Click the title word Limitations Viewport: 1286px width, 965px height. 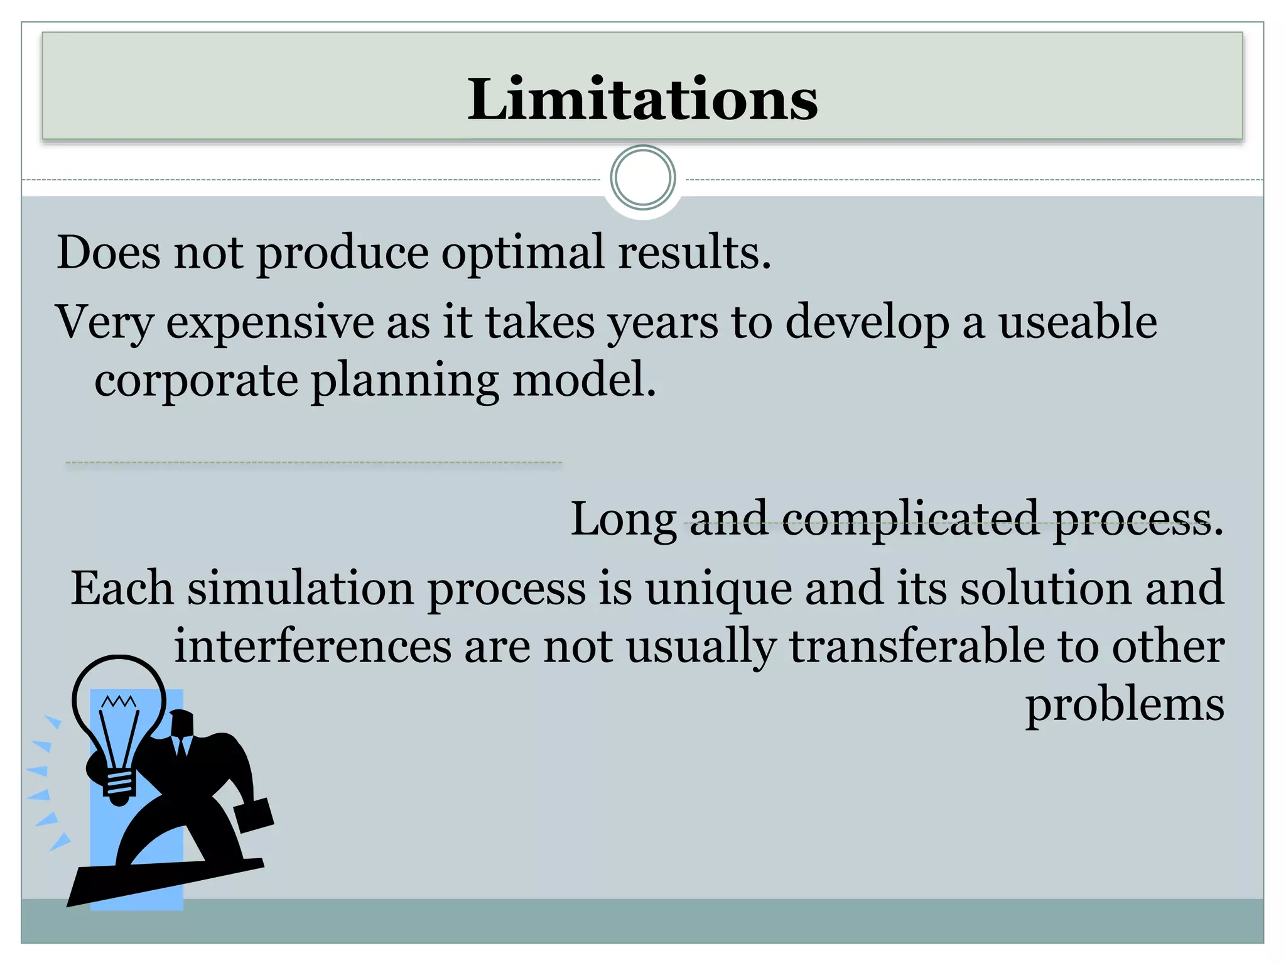[642, 99]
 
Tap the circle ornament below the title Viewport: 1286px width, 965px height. [642, 178]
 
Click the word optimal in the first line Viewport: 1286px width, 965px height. [523, 253]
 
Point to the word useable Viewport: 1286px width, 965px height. [1078, 322]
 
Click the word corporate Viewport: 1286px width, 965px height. [196, 380]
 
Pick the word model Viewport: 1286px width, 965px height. [584, 380]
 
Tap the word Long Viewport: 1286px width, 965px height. [623, 520]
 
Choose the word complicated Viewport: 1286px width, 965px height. [910, 519]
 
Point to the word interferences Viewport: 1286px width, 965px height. [313, 646]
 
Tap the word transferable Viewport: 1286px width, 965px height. [917, 646]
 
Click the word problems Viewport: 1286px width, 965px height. [1125, 706]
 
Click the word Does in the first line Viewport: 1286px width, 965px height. [109, 253]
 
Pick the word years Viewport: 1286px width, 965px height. [662, 323]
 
